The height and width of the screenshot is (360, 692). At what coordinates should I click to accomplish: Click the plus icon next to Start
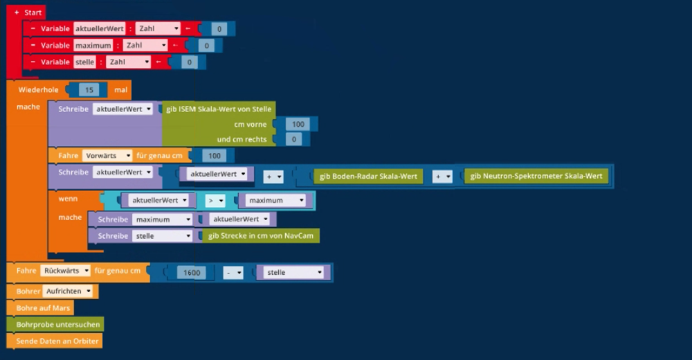point(16,12)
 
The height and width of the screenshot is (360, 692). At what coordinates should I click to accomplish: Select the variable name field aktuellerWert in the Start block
point(99,28)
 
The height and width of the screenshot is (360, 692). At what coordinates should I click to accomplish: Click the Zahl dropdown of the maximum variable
point(145,45)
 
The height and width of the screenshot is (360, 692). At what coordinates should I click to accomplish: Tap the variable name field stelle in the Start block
point(84,62)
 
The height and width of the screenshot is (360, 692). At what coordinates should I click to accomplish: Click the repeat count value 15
point(89,90)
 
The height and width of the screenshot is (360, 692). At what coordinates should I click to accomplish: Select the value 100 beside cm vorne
point(298,124)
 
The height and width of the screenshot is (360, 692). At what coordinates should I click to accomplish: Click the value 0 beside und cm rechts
point(293,139)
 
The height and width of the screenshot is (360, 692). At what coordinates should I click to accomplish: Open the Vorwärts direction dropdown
point(107,156)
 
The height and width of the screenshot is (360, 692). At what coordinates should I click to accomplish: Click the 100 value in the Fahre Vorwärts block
point(215,156)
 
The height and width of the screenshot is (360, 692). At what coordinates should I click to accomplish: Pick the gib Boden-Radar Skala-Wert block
point(368,177)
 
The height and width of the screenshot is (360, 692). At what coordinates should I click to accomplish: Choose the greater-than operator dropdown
point(216,200)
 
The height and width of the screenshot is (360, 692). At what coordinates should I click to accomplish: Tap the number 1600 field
point(192,273)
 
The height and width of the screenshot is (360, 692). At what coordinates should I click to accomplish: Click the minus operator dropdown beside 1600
point(234,273)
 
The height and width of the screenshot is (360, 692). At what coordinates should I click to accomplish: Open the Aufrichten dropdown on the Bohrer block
point(70,291)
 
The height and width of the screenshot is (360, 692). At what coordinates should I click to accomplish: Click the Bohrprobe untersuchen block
point(58,324)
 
